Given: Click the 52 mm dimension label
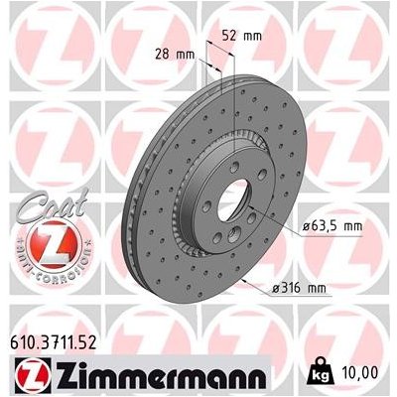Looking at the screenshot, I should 242,36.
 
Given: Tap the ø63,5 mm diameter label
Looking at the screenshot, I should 329,226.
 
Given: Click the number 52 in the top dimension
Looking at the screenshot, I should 233,36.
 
